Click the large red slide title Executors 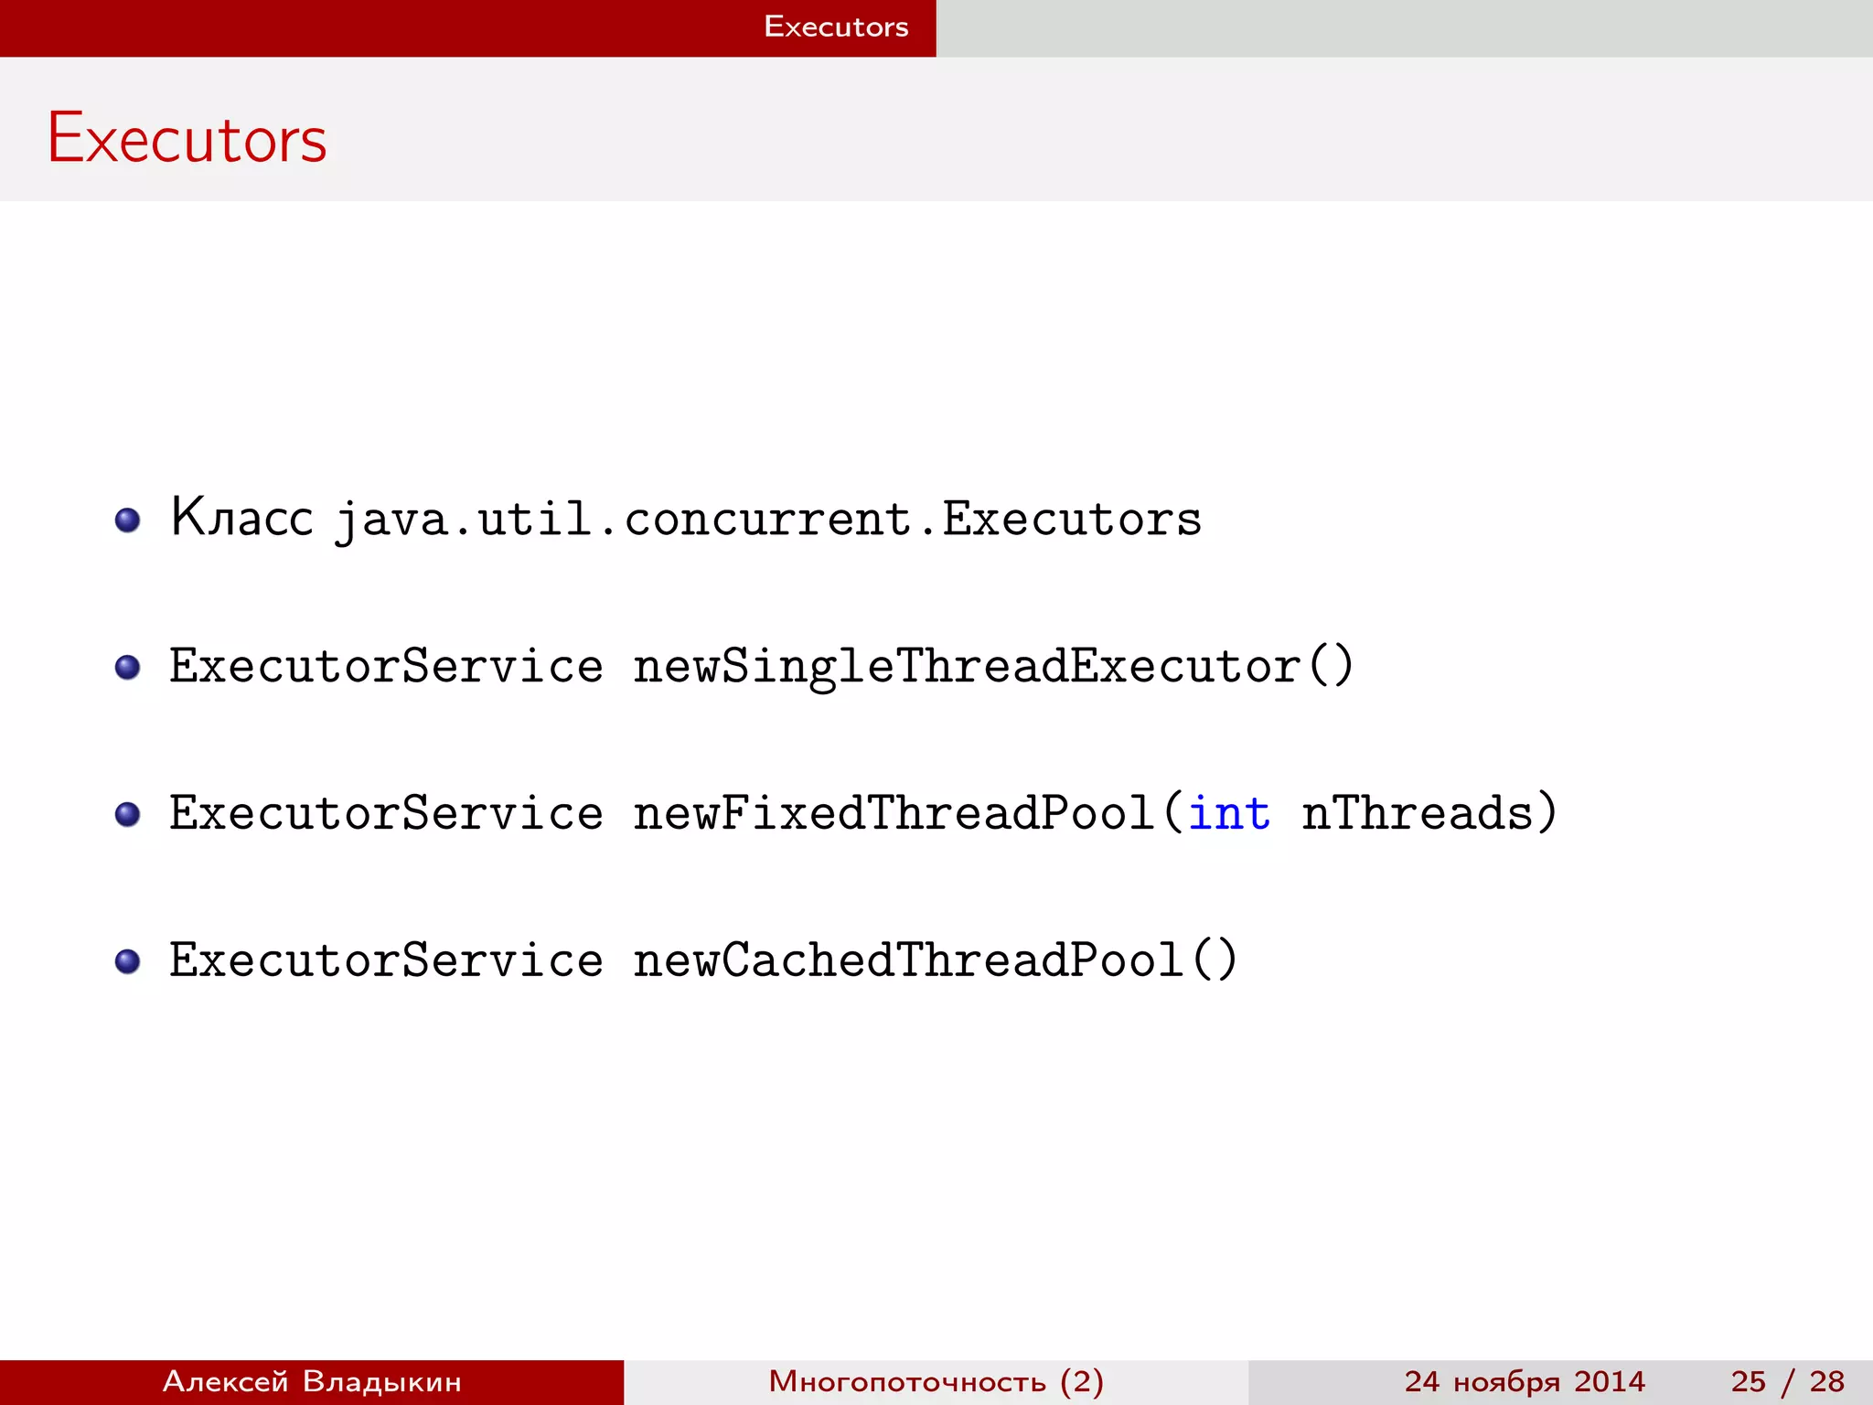(x=187, y=139)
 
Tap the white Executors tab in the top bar (x=836, y=27)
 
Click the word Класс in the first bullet (x=241, y=518)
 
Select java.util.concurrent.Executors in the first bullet (x=767, y=520)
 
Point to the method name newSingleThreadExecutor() (x=992, y=666)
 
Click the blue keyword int (x=1229, y=813)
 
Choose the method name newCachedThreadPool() (x=935, y=960)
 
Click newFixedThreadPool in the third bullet (x=894, y=813)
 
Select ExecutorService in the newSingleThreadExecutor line (x=386, y=666)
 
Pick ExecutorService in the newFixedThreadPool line (x=386, y=813)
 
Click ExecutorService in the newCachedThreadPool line (x=386, y=960)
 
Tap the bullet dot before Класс (x=128, y=520)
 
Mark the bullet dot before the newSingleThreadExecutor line (x=128, y=667)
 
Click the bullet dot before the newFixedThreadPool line (x=128, y=814)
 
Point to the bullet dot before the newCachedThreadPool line (x=128, y=961)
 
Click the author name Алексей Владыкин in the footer (x=312, y=1381)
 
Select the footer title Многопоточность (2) (x=936, y=1381)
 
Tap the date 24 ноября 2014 (x=1525, y=1381)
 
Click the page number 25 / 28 (x=1787, y=1381)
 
